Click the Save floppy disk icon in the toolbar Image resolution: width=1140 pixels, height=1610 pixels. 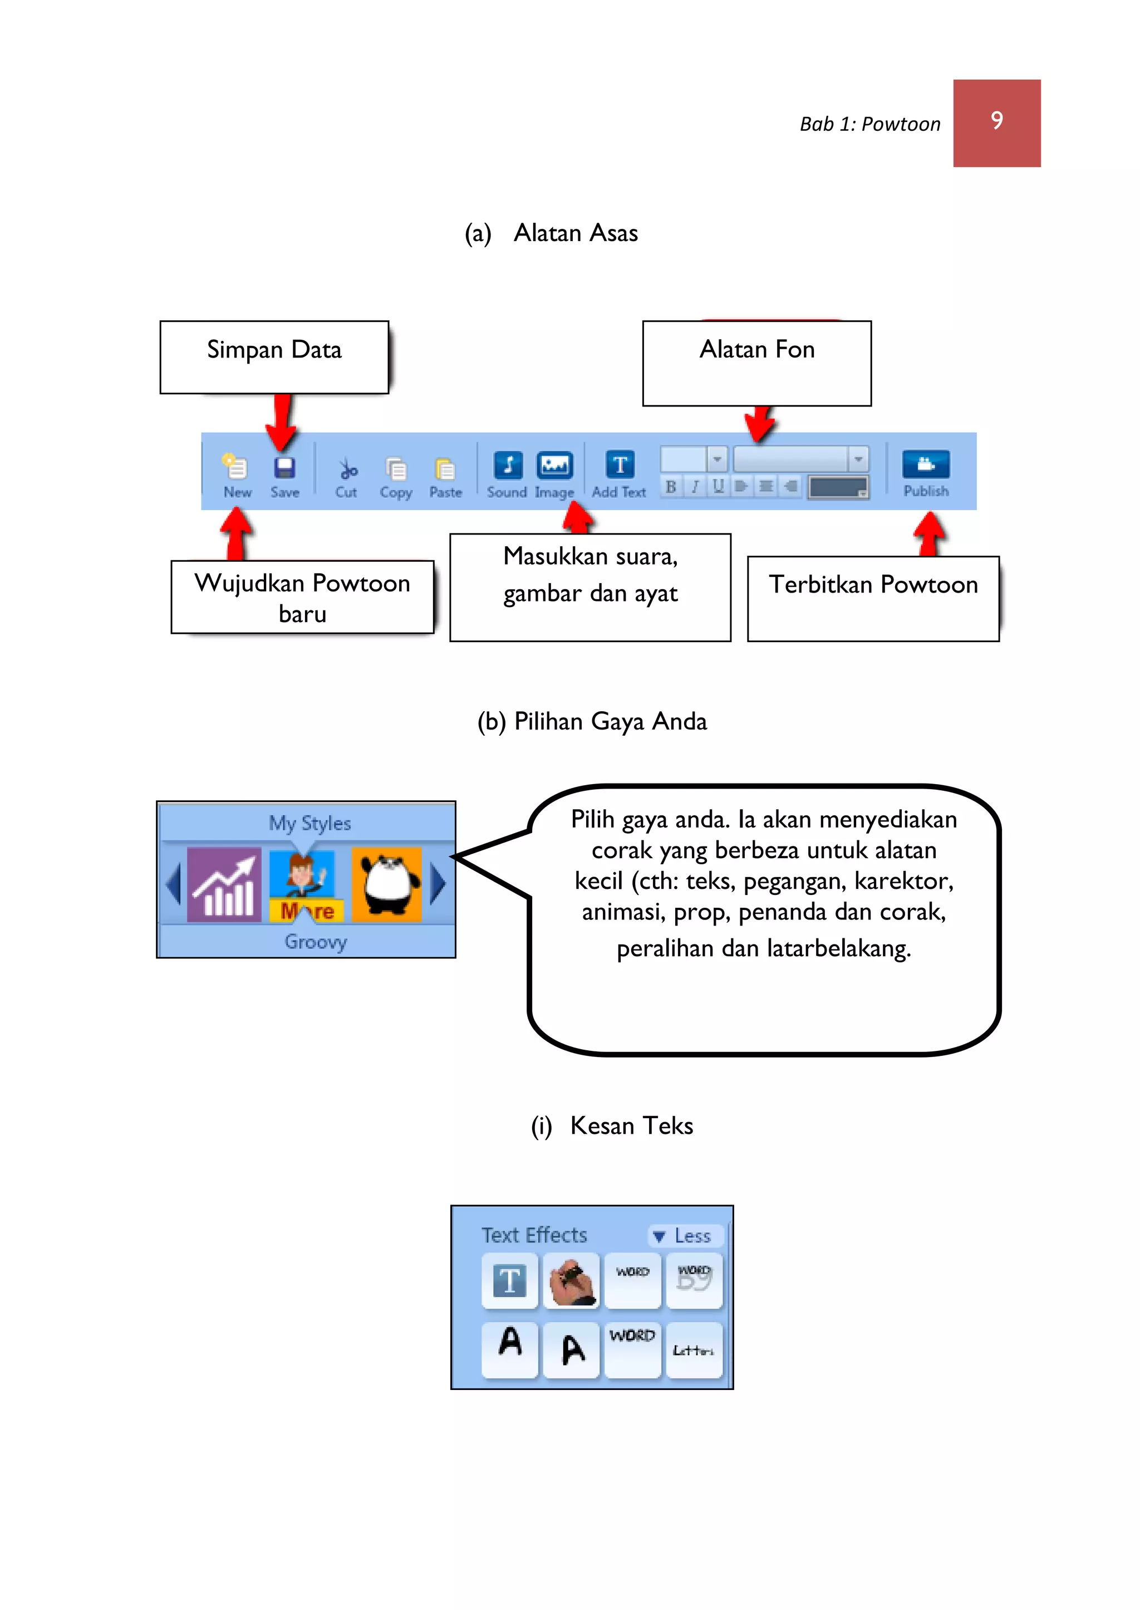point(284,468)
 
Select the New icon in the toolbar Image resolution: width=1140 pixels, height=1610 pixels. point(236,467)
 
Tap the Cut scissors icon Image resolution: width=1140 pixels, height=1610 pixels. point(347,469)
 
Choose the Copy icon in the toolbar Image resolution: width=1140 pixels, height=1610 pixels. point(396,469)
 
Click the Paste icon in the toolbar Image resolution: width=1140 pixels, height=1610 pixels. point(445,469)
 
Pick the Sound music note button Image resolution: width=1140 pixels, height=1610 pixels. point(508,465)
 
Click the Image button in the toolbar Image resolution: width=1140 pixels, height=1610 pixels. point(554,465)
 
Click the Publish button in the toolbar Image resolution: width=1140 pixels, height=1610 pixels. point(925,465)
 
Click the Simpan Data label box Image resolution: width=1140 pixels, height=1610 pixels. point(274,356)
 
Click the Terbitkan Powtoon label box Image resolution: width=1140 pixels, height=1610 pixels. point(873,598)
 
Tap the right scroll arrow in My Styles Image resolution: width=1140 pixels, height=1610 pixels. point(438,884)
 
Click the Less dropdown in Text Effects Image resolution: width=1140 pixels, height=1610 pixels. point(685,1236)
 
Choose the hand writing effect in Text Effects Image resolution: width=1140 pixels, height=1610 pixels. point(572,1281)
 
